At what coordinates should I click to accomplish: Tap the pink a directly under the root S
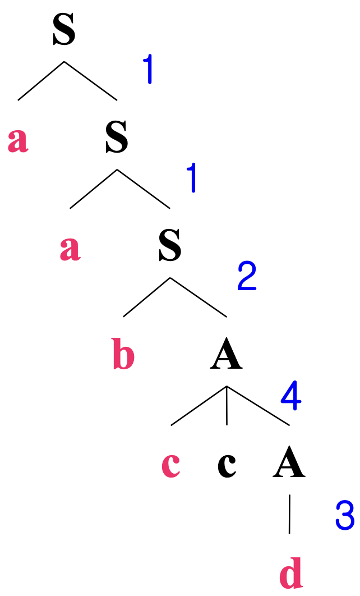pos(18,140)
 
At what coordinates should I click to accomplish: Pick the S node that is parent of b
pos(170,247)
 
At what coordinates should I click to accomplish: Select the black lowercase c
pos(227,464)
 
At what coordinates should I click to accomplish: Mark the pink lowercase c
pos(171,464)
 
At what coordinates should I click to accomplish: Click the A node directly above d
pos(289,464)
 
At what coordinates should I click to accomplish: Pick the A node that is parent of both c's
pos(226,356)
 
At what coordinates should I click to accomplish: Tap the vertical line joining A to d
pos(289,514)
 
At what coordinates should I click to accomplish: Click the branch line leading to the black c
pos(227,405)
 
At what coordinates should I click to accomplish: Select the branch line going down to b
pos(146,297)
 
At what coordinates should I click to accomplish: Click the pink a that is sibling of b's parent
pos(70,249)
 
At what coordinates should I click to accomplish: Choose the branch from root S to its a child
pos(41,81)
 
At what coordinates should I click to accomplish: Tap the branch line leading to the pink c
pos(199,405)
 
